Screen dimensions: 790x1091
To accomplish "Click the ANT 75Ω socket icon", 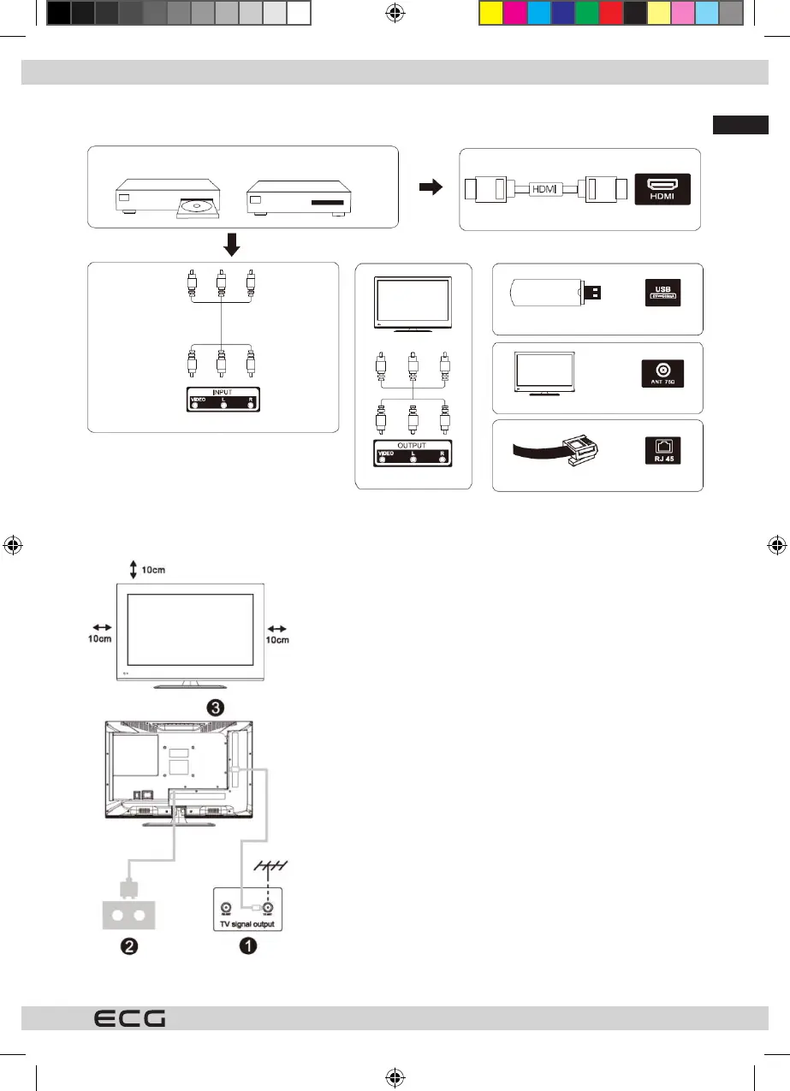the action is [x=662, y=374].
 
